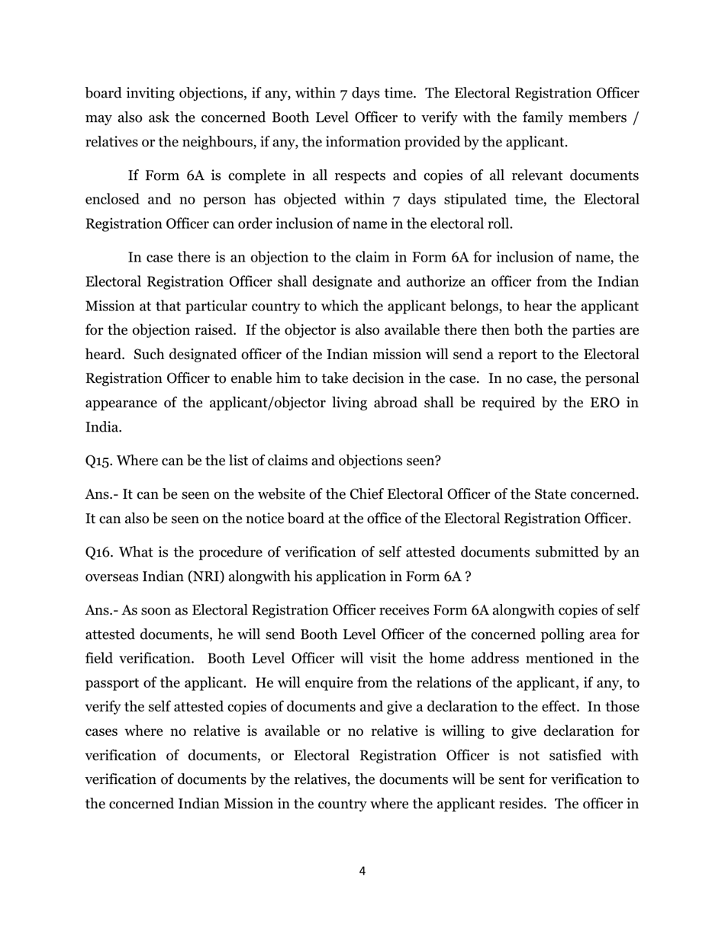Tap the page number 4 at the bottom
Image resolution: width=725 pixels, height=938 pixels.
coord(362,872)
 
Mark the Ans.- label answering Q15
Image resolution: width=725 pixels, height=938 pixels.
coord(101,495)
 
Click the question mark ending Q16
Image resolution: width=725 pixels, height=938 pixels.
coord(468,577)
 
